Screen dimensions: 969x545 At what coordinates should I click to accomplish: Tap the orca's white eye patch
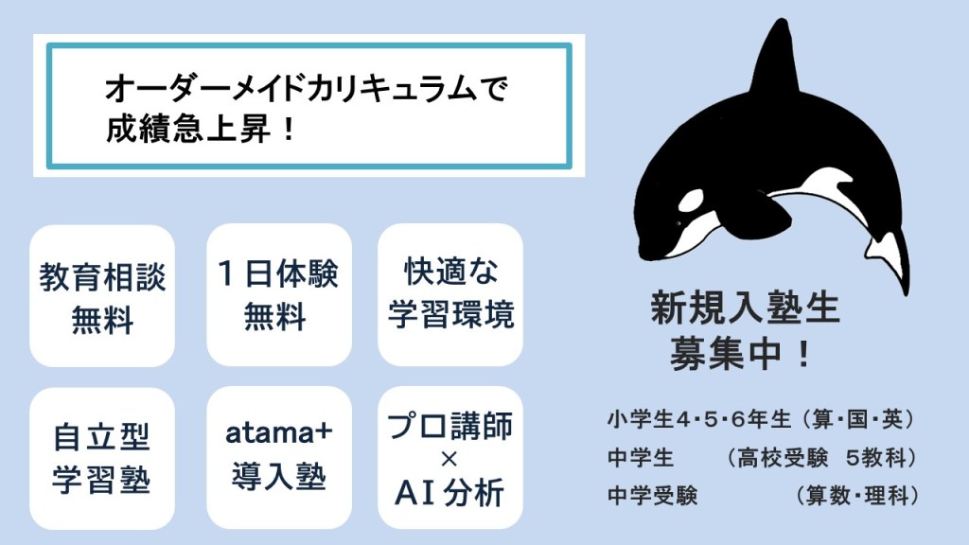pos(692,201)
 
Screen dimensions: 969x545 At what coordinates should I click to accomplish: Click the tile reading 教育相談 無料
pos(102,296)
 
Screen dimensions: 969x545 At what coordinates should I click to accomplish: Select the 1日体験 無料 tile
pos(279,295)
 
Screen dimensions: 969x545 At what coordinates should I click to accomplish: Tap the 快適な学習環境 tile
pos(450,294)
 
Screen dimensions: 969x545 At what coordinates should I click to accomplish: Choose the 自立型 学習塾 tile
pos(102,459)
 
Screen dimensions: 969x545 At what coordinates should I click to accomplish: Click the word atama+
pos(279,432)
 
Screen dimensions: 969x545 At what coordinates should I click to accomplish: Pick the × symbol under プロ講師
pos(449,459)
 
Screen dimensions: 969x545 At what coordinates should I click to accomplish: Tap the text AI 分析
pos(449,492)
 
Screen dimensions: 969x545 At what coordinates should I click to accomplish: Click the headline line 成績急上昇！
pos(202,130)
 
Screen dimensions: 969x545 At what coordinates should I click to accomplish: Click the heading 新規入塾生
pos(746,308)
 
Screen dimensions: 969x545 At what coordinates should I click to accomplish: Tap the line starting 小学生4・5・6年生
pos(762,419)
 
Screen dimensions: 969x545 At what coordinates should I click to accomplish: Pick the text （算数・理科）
pos(855,496)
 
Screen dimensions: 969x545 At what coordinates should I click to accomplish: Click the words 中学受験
pos(653,496)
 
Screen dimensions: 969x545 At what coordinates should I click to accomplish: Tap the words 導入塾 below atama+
pos(279,477)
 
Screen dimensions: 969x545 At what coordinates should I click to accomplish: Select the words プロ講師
pos(449,426)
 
